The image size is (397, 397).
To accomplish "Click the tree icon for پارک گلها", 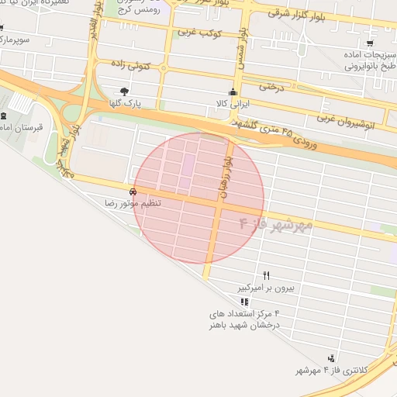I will [x=125, y=91].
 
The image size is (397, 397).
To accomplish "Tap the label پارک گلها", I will [x=125, y=103].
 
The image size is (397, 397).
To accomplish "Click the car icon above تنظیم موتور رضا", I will [x=133, y=191].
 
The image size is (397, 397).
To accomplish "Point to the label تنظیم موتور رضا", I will [x=133, y=202].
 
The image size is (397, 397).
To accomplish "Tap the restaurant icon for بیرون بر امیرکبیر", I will [x=267, y=275].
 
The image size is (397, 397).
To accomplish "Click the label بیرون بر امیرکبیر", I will [x=267, y=288].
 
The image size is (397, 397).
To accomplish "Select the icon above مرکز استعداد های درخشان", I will [x=244, y=302].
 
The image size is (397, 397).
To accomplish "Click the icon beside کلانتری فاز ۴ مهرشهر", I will [x=331, y=357].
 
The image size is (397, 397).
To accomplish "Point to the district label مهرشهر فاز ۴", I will [x=275, y=225].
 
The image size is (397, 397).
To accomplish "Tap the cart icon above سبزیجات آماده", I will [x=370, y=43].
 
